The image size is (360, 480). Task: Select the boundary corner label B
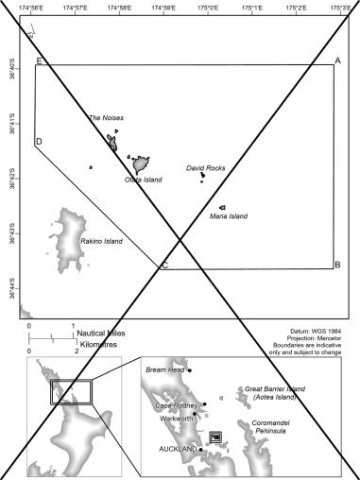tap(337, 265)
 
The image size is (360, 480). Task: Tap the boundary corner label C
tap(164, 265)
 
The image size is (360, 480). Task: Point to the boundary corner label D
tap(39, 143)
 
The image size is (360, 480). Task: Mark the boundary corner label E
tap(39, 61)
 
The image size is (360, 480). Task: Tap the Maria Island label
tap(229, 216)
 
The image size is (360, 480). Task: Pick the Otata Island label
tap(144, 180)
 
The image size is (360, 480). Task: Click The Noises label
tap(106, 118)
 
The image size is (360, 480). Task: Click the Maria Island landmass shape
tap(222, 207)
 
